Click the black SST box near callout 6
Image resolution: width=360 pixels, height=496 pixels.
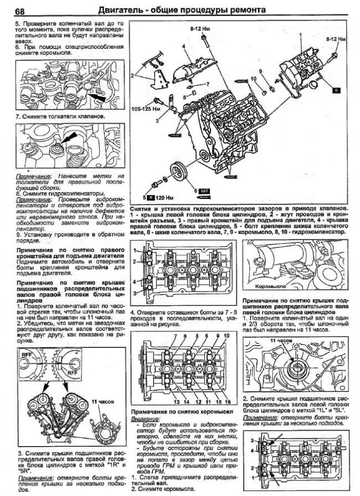click(203, 190)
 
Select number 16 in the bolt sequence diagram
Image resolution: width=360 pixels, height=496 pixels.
click(228, 400)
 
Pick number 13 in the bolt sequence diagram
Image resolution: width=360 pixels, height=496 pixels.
click(176, 400)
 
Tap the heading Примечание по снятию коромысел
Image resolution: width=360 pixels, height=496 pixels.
click(182, 413)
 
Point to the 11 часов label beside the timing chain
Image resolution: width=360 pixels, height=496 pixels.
click(101, 400)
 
